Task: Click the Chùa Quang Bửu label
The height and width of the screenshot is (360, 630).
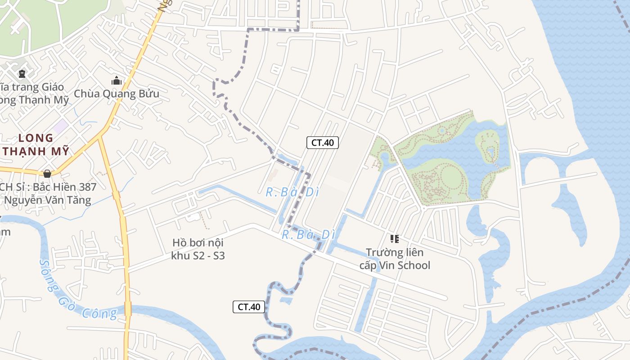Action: pyautogui.click(x=117, y=94)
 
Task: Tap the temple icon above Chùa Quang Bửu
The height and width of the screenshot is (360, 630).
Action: pyautogui.click(x=117, y=81)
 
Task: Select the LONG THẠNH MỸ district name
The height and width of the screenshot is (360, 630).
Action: pyautogui.click(x=36, y=144)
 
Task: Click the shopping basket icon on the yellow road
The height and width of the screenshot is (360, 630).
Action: pyautogui.click(x=47, y=173)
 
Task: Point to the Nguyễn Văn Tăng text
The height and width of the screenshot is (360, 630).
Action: pyautogui.click(x=48, y=200)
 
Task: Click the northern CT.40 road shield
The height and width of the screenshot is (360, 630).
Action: pyautogui.click(x=322, y=143)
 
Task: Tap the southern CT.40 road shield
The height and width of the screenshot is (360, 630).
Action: pyautogui.click(x=248, y=307)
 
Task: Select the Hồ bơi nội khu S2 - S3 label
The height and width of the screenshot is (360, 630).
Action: pyautogui.click(x=198, y=249)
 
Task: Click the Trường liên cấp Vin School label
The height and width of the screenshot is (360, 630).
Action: pyautogui.click(x=395, y=259)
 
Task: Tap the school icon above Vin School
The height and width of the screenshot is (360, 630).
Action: pyautogui.click(x=395, y=239)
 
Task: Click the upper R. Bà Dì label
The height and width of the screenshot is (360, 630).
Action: pyautogui.click(x=292, y=192)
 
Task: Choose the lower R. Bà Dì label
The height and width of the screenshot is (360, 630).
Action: pyautogui.click(x=309, y=234)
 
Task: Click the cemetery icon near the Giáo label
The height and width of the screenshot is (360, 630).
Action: pyautogui.click(x=22, y=73)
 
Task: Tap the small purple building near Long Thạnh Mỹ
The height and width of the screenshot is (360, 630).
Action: pyautogui.click(x=60, y=126)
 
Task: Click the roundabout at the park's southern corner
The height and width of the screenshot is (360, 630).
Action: pyautogui.click(x=423, y=208)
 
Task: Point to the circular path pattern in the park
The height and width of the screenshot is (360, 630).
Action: pyautogui.click(x=448, y=182)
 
